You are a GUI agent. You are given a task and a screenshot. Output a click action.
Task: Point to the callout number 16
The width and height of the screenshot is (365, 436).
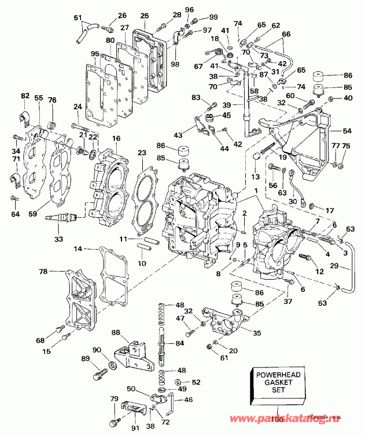116,138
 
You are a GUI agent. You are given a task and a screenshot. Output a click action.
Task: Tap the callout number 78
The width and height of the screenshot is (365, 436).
43,271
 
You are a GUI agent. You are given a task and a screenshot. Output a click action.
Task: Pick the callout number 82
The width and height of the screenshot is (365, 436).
25,96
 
